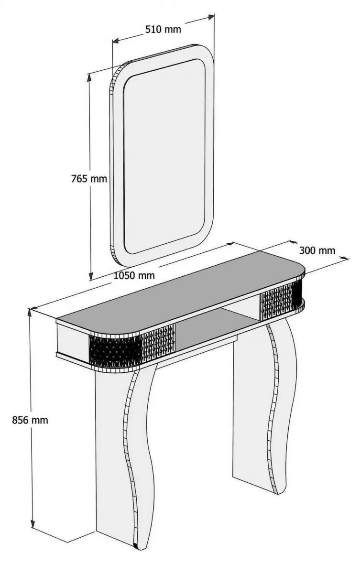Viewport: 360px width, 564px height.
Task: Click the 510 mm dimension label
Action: (163, 29)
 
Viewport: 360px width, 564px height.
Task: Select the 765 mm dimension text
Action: (89, 178)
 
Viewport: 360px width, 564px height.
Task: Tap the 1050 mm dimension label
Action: (134, 275)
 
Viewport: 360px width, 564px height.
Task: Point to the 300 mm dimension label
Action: (317, 250)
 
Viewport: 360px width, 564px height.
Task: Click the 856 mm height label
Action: (30, 420)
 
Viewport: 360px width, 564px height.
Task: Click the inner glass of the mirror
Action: (164, 156)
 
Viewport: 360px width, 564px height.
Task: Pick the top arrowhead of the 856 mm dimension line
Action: (30, 312)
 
